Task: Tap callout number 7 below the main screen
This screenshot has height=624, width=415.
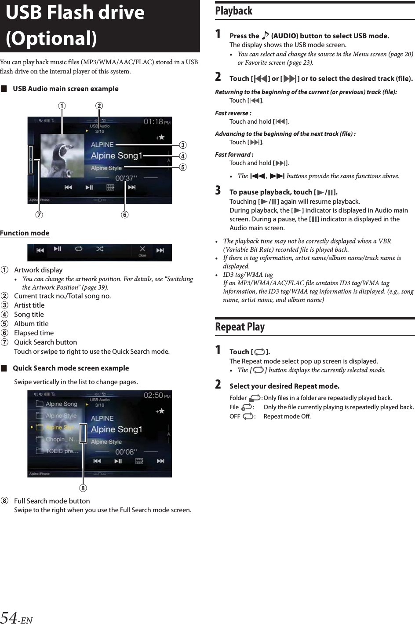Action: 40,215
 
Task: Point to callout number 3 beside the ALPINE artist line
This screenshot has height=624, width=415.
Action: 182,145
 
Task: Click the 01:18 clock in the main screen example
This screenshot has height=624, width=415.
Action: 153,121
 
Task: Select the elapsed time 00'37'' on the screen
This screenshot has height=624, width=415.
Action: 126,178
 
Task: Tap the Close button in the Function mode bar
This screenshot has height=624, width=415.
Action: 142,251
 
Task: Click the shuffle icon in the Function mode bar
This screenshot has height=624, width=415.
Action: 100,249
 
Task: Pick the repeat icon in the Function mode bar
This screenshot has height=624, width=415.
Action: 79,249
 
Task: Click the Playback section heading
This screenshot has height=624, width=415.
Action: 234,11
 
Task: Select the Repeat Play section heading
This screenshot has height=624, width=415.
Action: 240,327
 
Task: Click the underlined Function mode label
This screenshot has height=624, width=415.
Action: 25,233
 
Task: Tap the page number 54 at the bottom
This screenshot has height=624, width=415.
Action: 9,617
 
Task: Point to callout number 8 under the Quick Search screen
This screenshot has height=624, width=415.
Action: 83,488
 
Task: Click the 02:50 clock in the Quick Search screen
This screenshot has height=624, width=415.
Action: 153,395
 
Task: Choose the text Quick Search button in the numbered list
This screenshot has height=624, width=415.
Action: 45,342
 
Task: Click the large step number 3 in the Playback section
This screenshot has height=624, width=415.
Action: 218,191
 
